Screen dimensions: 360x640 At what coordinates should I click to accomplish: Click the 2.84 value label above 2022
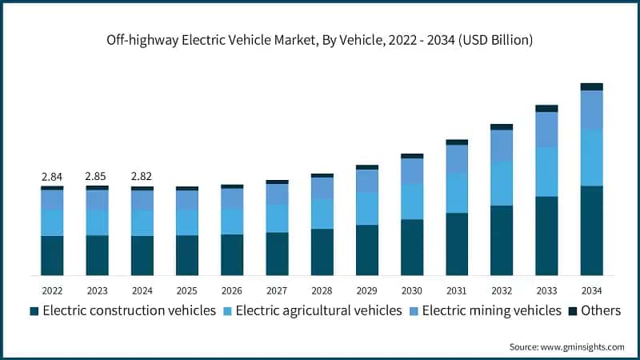click(52, 176)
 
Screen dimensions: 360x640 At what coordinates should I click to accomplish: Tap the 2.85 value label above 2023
click(97, 176)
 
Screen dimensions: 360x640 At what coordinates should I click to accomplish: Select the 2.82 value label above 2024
click(142, 176)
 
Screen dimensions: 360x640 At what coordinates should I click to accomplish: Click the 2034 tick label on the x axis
click(591, 290)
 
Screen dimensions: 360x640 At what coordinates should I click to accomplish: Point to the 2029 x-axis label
click(366, 290)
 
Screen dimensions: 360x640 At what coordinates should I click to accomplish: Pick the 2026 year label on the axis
click(232, 290)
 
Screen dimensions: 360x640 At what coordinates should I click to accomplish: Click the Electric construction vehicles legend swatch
click(34, 311)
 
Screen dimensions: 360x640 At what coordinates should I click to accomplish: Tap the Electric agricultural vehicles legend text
click(318, 310)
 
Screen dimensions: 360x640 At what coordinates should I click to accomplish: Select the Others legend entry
click(601, 310)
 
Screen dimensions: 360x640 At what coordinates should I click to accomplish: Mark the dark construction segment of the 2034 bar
click(591, 230)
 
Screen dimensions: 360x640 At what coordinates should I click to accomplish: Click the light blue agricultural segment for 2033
click(546, 172)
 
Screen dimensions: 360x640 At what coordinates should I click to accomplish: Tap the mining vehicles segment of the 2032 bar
click(502, 146)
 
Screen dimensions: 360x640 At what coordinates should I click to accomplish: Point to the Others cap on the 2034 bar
click(591, 86)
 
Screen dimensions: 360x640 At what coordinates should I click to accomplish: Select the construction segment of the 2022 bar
click(52, 255)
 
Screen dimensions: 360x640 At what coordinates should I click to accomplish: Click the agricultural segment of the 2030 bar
click(412, 202)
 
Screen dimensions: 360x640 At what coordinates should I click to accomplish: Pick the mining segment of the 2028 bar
click(322, 188)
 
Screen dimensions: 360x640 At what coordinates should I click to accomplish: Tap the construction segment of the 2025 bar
click(187, 255)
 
